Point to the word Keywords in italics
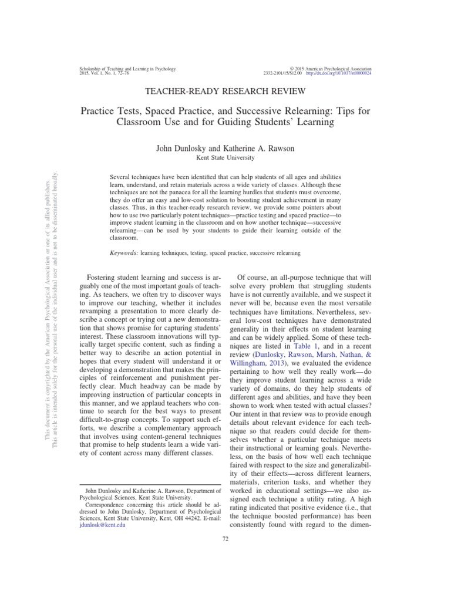pyautogui.click(x=127, y=252)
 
